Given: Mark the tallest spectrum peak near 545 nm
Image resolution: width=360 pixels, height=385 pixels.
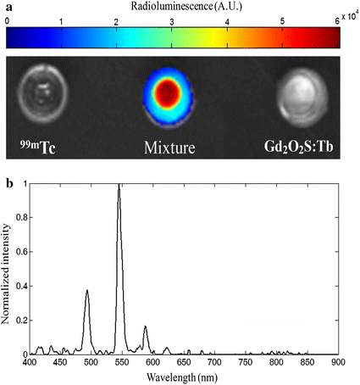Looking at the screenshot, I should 119,186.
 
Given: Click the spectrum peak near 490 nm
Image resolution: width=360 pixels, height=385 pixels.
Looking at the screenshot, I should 86,291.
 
